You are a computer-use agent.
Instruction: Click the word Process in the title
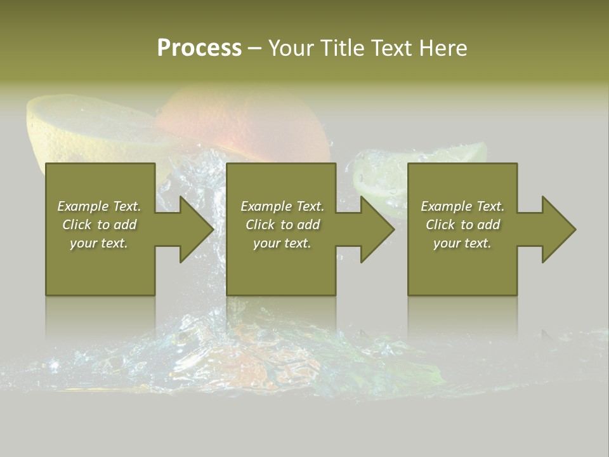pos(199,48)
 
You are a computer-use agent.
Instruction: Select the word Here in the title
pos(442,48)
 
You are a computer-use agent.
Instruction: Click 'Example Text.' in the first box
pos(99,206)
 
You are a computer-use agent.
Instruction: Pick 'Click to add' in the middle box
pos(282,225)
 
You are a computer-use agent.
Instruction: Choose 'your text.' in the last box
pos(462,243)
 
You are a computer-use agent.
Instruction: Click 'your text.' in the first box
pos(99,243)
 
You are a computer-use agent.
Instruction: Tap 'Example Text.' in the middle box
pos(282,206)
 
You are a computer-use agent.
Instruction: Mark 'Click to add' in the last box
pos(462,225)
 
